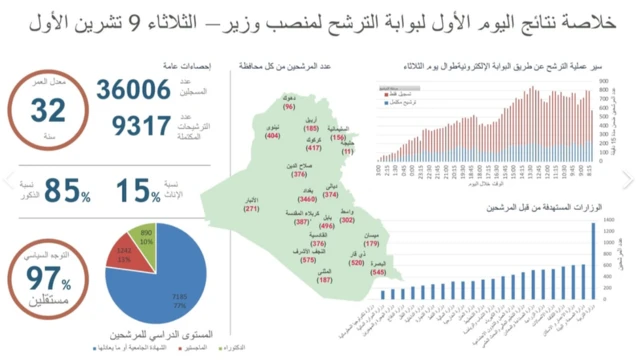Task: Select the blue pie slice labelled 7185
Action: (175, 295)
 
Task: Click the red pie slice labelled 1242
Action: (125, 253)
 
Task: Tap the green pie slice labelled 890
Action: (146, 235)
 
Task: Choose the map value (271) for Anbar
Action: (251, 209)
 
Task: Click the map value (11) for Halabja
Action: (349, 152)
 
